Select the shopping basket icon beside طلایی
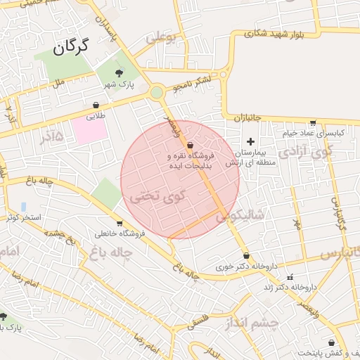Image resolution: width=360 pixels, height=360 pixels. point(95,106)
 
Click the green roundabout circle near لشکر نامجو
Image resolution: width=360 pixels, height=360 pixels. point(157,92)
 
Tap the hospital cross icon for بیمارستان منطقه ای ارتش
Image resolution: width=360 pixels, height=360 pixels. point(250,141)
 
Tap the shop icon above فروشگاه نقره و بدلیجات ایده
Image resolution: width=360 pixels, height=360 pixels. point(191,145)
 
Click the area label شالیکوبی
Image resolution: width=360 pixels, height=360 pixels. point(239,217)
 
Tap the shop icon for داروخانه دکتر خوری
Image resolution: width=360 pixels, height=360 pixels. point(245,256)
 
